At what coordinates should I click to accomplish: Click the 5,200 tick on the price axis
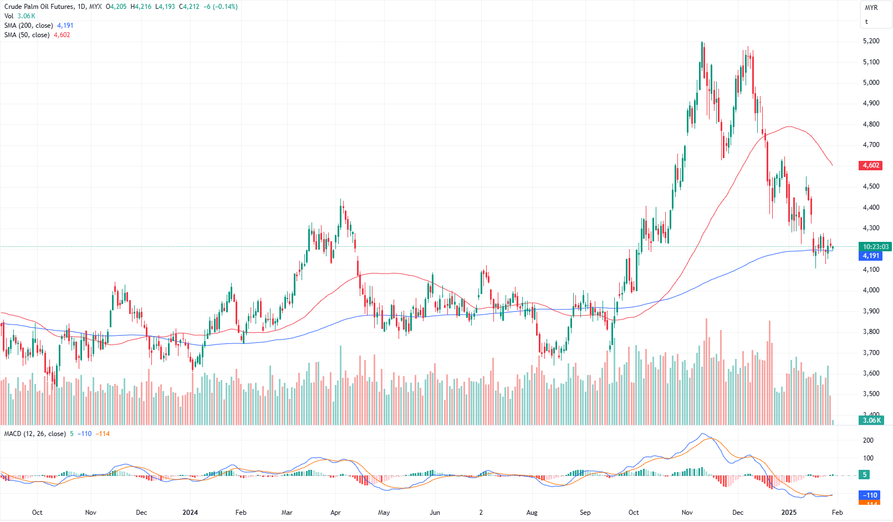(x=871, y=41)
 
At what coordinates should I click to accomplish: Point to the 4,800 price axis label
(x=871, y=124)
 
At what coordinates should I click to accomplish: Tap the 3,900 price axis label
(x=871, y=311)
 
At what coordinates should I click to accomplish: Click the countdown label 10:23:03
(x=875, y=247)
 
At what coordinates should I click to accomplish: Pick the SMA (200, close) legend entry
(x=29, y=26)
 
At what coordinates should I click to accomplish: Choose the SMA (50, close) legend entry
(x=27, y=35)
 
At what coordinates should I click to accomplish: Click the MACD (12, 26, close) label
(x=35, y=434)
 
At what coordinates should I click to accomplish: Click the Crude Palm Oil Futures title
(x=39, y=7)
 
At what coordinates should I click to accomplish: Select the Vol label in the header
(x=9, y=16)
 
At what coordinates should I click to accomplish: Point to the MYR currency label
(x=871, y=8)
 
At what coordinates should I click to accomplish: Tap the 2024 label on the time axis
(x=190, y=513)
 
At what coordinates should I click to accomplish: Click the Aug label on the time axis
(x=532, y=513)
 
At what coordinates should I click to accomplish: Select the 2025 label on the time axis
(x=788, y=513)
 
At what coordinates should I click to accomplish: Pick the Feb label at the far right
(x=837, y=513)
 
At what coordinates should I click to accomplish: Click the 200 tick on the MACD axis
(x=868, y=440)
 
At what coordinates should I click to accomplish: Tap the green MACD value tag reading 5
(x=865, y=475)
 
